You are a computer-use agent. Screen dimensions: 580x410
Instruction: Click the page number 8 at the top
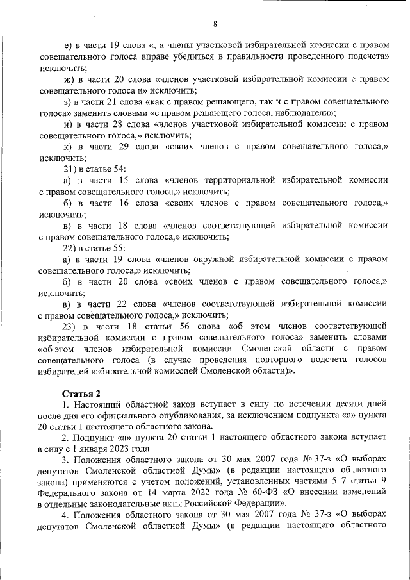point(215,24)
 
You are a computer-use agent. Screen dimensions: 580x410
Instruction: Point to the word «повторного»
point(255,361)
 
